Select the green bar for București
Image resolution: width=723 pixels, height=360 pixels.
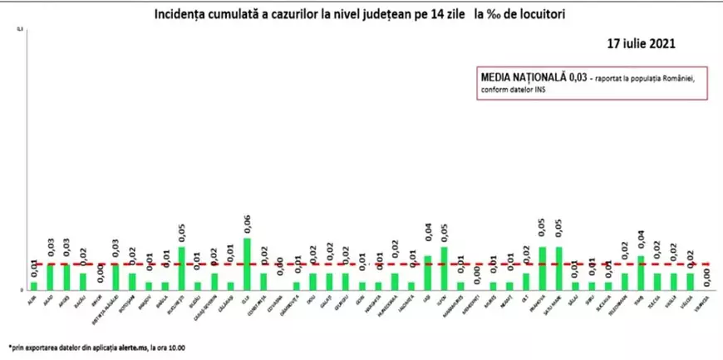click(x=182, y=268)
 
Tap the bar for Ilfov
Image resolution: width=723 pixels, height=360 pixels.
click(x=444, y=268)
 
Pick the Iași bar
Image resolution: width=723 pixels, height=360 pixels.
click(x=428, y=272)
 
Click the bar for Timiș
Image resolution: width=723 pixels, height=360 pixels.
click(x=641, y=272)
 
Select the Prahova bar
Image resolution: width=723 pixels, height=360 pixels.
click(x=543, y=268)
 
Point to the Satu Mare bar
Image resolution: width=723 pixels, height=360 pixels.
click(x=558, y=268)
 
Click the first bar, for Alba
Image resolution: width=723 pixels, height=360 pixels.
click(x=34, y=285)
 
